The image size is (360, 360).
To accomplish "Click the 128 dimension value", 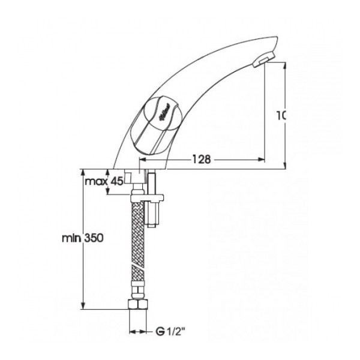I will (202, 160).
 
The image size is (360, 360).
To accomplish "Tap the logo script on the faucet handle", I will (162, 111).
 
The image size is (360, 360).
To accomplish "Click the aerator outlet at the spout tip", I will (261, 61).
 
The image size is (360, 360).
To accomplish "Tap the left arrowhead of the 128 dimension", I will (143, 160).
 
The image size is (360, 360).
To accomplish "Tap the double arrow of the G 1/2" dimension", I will (139, 330).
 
